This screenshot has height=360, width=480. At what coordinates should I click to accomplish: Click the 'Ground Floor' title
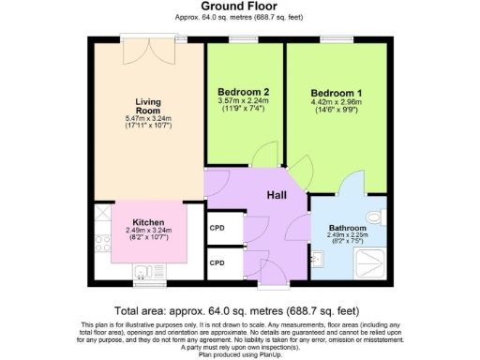239,7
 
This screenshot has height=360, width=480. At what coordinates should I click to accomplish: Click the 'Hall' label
277,194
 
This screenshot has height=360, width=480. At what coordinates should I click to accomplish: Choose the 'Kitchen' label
149,222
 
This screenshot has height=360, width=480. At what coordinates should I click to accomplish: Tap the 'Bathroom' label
347,228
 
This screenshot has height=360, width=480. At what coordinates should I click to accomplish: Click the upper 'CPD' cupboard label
217,228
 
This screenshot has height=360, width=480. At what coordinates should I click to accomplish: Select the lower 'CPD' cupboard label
217,263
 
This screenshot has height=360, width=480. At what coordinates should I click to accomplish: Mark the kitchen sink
145,273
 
